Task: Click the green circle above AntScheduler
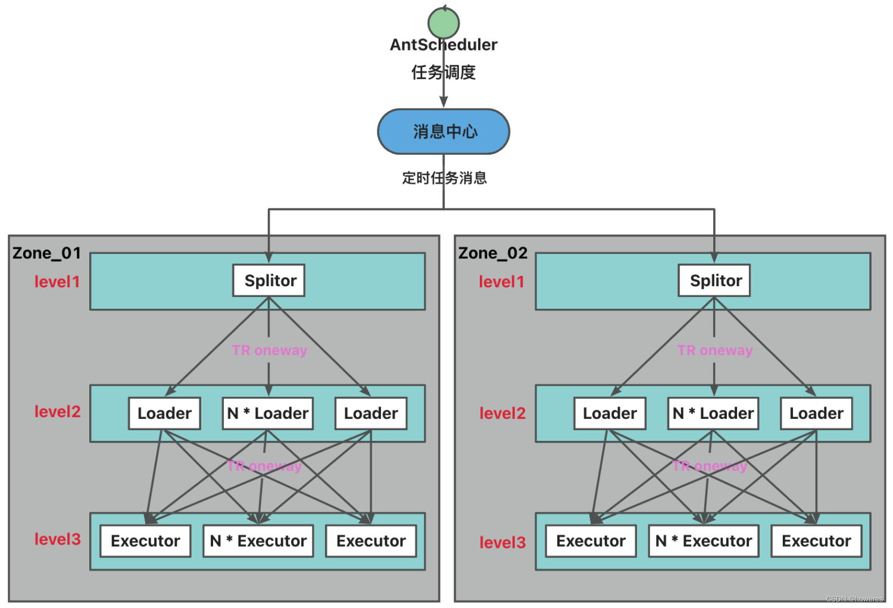[444, 23]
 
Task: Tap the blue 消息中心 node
[444, 131]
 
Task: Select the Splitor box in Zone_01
[269, 281]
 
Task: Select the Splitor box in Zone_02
[714, 281]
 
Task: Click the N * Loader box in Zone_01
[268, 413]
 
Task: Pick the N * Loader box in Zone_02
[713, 413]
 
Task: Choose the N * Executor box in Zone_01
[258, 541]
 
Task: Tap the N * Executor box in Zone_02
[704, 541]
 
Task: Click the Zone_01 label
[46, 253]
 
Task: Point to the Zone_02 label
[492, 253]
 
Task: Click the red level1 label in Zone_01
[57, 282]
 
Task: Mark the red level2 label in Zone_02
[502, 413]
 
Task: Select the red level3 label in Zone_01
[57, 540]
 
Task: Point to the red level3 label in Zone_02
[502, 543]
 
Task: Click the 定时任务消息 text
[444, 178]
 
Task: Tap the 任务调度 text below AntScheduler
[444, 73]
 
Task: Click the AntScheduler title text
[444, 45]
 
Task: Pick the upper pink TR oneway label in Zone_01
[270, 350]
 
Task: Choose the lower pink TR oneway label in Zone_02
[710, 466]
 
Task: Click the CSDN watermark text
[854, 599]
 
